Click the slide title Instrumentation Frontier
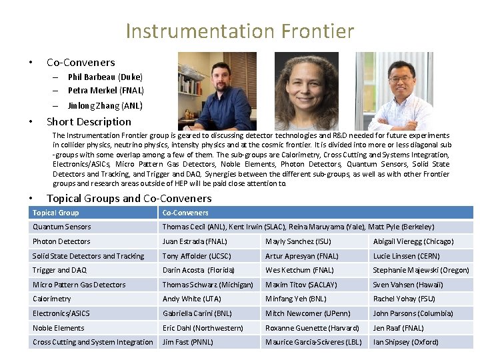coord(239,31)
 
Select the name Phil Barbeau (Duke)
coord(105,77)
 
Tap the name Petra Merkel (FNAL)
coord(105,90)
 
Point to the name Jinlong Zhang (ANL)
coord(105,105)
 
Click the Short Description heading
coord(89,121)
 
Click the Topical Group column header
coord(55,213)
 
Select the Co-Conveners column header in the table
coord(185,213)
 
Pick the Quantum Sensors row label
coord(61,227)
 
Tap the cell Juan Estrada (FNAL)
coord(195,241)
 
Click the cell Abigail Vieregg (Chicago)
coord(413,241)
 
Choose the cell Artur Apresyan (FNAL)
coord(301,256)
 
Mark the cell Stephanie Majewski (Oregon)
coord(421,270)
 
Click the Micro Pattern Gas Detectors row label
coord(79,285)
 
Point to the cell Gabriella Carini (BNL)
coord(197,313)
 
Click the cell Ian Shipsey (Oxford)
coord(405,342)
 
